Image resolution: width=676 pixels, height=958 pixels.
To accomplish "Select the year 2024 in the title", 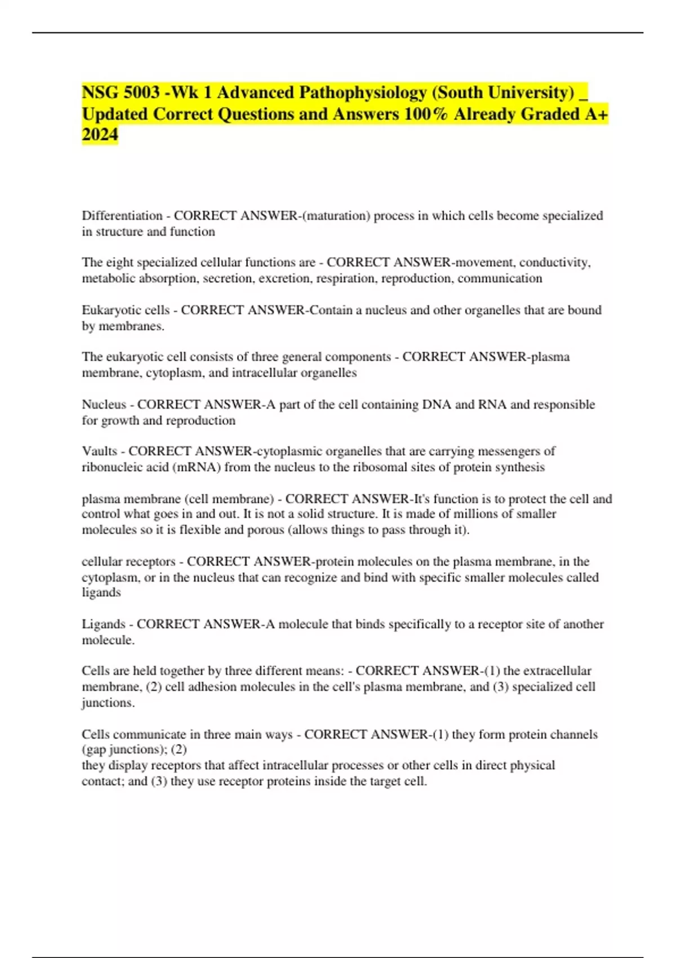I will point(100,135).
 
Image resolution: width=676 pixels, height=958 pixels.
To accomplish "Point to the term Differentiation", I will point(122,216).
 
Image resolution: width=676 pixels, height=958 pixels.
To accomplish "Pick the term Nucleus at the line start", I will point(104,405).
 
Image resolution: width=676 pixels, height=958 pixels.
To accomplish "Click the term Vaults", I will point(99,451).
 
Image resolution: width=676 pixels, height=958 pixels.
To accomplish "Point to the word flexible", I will point(201,530).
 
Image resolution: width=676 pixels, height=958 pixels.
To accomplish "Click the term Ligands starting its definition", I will point(103,624).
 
